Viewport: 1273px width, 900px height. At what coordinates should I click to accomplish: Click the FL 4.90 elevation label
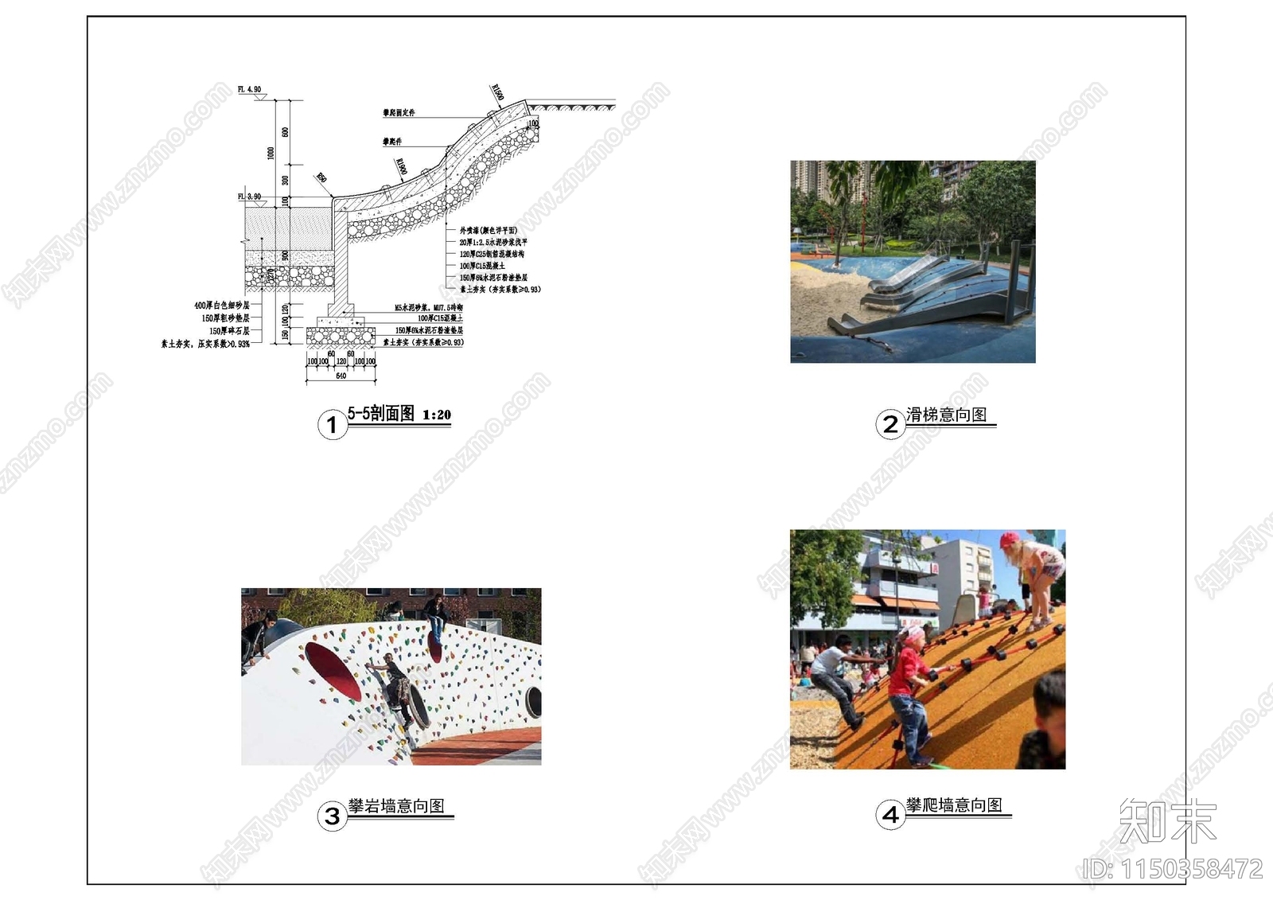pyautogui.click(x=249, y=90)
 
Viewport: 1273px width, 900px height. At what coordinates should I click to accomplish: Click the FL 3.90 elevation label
pyautogui.click(x=249, y=197)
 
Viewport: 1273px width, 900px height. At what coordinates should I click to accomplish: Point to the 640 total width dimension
pyautogui.click(x=341, y=376)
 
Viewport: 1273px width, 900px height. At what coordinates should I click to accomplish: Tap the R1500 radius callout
pyautogui.click(x=498, y=92)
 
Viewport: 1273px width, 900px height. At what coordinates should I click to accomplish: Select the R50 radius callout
pyautogui.click(x=321, y=178)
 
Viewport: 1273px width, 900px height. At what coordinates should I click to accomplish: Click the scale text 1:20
pyautogui.click(x=437, y=415)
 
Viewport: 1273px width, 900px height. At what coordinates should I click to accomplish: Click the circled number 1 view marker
pyautogui.click(x=332, y=425)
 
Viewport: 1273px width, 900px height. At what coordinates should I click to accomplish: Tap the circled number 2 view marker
pyautogui.click(x=890, y=424)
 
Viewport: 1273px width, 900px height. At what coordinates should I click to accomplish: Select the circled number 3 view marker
pyautogui.click(x=332, y=816)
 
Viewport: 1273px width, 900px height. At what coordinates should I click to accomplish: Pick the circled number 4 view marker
pyautogui.click(x=890, y=815)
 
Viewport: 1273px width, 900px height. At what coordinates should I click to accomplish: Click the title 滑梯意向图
pyautogui.click(x=946, y=415)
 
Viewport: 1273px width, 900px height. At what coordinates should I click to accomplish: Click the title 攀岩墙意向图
pyautogui.click(x=396, y=806)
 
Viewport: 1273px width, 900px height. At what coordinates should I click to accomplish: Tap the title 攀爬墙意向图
pyautogui.click(x=954, y=805)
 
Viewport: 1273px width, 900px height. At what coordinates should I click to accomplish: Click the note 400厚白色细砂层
pyautogui.click(x=222, y=306)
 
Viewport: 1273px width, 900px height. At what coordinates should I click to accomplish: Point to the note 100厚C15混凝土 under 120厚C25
pyautogui.click(x=482, y=266)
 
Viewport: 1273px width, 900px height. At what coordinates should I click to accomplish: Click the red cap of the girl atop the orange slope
pyautogui.click(x=1009, y=540)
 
